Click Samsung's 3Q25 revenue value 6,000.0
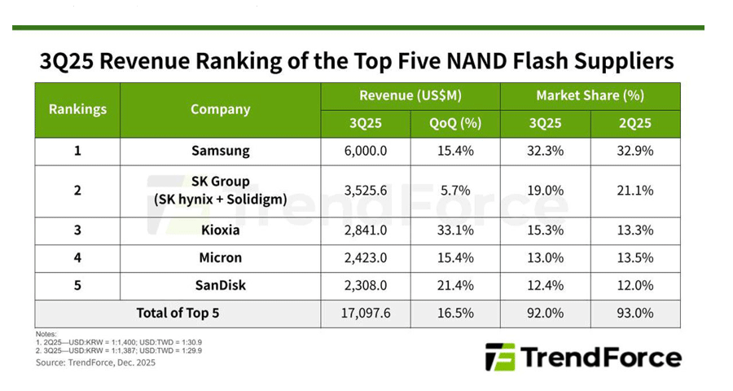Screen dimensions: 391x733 [365, 152]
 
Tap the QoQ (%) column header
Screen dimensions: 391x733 [455, 124]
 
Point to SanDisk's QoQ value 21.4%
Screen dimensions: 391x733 [455, 285]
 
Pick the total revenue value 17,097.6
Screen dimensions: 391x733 [365, 314]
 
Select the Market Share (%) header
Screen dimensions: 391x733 [590, 96]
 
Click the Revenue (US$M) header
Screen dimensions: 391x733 [410, 96]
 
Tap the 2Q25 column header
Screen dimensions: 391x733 [634, 124]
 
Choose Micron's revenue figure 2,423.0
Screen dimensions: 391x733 [365, 258]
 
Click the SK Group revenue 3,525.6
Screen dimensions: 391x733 [365, 191]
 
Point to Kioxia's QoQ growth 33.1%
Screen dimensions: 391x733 [455, 231]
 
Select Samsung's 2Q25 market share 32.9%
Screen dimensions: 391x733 [634, 152]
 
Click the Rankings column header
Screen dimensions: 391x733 [77, 109]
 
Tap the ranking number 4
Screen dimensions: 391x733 [77, 258]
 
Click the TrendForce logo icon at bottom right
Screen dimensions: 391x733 [499, 357]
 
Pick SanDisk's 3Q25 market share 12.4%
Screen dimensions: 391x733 [545, 285]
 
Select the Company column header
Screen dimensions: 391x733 [220, 109]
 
